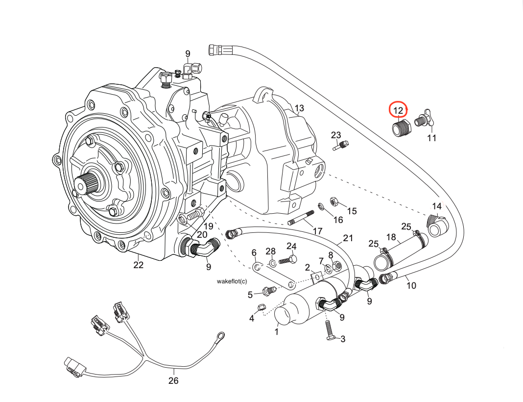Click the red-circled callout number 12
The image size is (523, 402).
[398, 110]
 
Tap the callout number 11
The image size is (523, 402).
[431, 138]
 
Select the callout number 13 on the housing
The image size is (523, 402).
[299, 108]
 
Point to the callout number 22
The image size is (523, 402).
[139, 265]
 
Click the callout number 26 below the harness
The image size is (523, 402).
[173, 380]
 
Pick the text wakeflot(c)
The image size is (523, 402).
[232, 281]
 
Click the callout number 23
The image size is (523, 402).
[335, 135]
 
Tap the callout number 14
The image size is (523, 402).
[436, 206]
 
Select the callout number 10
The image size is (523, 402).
[411, 285]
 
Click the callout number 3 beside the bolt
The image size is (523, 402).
[343, 339]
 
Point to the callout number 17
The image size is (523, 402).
[317, 230]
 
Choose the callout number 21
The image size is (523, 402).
[348, 238]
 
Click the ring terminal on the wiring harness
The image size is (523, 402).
[220, 336]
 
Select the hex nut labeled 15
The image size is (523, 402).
[333, 201]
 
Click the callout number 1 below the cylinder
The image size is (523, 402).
[276, 331]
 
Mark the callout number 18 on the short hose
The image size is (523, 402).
[391, 237]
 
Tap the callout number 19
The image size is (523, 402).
[209, 226]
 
